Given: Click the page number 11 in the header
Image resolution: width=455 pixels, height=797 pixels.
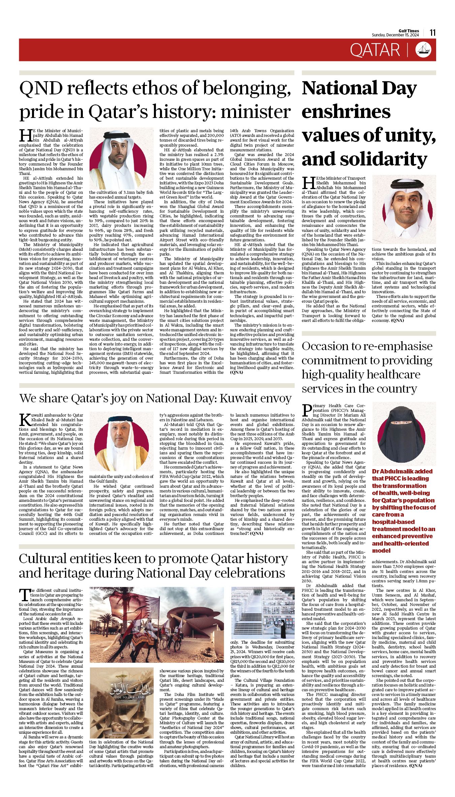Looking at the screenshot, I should tap(432, 33).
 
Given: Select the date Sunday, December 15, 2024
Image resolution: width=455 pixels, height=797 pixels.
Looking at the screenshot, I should tap(395, 35).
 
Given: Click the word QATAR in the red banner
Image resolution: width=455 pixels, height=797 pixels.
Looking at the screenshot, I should tap(375, 50).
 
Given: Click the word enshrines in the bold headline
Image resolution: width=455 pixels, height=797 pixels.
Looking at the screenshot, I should tap(346, 112).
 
